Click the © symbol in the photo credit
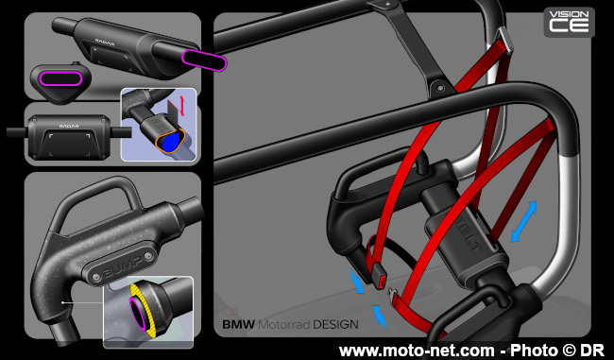tap(572, 350)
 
